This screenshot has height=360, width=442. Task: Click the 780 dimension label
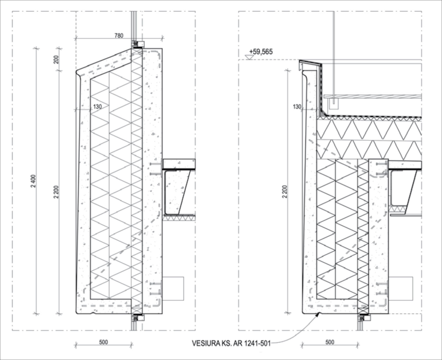point(119,35)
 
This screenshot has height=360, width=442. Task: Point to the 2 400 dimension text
point(33,181)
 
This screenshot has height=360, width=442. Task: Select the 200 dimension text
point(56,59)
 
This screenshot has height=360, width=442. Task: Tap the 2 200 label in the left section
point(56,192)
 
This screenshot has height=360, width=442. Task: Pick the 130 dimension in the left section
point(97,107)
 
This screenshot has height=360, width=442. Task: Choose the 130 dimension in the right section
point(297,107)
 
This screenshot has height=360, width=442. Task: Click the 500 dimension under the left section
point(103,342)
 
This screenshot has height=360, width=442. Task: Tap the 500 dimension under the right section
point(330,342)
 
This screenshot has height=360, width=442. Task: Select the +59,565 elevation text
point(261,52)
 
